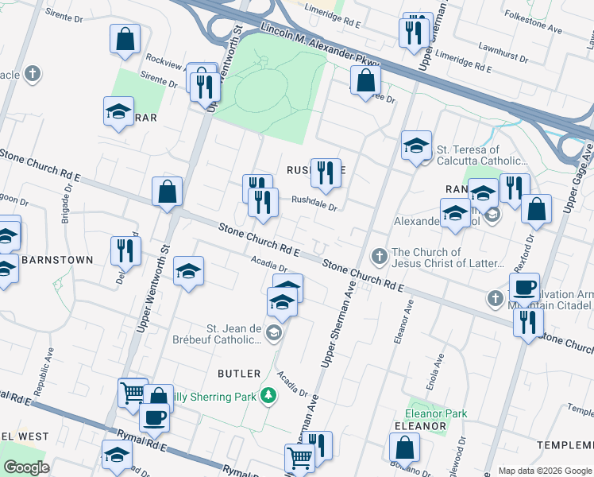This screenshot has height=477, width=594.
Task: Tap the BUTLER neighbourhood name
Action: coord(239,373)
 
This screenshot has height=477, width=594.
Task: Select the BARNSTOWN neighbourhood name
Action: coord(57,260)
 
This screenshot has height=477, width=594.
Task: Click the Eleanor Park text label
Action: coord(436,413)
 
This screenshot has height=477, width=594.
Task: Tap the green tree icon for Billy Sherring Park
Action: coord(270,396)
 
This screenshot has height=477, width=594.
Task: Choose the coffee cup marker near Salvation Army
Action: coord(524,287)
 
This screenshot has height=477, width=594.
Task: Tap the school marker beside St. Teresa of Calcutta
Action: coord(416,145)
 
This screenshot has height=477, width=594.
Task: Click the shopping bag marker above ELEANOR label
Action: coord(404,448)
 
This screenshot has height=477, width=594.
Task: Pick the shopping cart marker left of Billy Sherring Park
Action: coord(133,391)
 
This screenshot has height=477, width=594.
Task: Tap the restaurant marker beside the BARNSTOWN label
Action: coord(125,250)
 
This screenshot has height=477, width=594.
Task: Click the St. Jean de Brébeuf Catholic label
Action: coord(235,334)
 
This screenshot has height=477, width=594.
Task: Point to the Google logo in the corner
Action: coord(26,467)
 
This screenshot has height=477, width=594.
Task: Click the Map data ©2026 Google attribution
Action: coord(544,470)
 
